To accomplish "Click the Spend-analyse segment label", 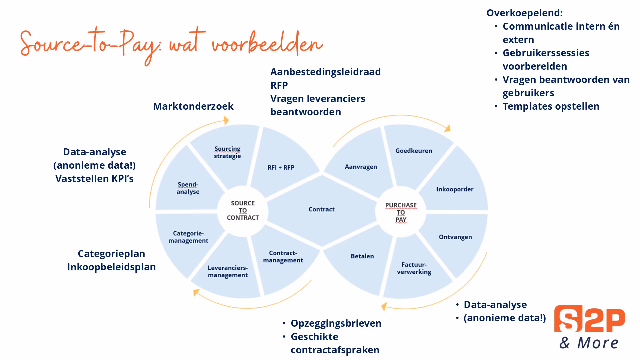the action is (x=188, y=188).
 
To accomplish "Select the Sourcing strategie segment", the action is (x=227, y=152).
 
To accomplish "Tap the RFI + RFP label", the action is (x=281, y=167).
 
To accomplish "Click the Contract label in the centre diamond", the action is (x=321, y=209).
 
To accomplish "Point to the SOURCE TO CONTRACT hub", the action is (x=243, y=210).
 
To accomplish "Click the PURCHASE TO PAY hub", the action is (x=401, y=212).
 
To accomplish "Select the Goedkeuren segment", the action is (x=414, y=151).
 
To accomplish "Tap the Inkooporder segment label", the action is (x=455, y=189).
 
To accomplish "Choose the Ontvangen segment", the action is (x=455, y=237).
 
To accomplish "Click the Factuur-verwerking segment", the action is (x=414, y=268).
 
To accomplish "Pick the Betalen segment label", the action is (x=362, y=256).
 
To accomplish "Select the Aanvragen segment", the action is (x=361, y=167).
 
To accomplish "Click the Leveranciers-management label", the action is (x=228, y=271).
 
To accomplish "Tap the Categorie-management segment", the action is (x=188, y=237).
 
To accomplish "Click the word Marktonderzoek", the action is (x=193, y=106).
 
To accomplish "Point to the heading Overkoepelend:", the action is (x=524, y=13).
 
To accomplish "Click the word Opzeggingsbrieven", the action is (x=336, y=323).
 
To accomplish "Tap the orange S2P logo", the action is (x=589, y=319).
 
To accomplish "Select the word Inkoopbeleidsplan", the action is (x=111, y=267).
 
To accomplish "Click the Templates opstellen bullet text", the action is (x=551, y=106).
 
